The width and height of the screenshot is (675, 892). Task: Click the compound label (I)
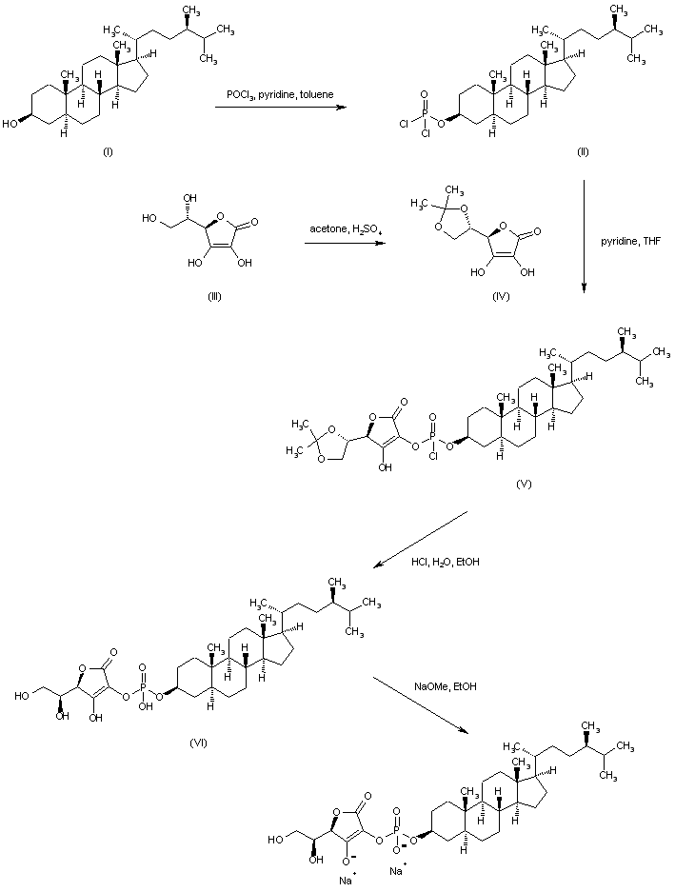(x=107, y=152)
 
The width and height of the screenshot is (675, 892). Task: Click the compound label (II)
(x=583, y=152)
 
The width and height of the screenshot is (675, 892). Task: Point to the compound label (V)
(x=525, y=485)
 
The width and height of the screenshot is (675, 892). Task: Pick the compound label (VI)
(x=198, y=742)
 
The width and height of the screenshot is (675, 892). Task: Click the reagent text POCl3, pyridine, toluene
(x=280, y=94)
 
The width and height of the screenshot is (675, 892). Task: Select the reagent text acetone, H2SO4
(x=338, y=228)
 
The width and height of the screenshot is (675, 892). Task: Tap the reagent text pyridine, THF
(x=631, y=241)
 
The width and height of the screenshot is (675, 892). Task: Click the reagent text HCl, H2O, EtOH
(x=445, y=562)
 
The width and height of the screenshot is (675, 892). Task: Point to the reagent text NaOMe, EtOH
(x=445, y=686)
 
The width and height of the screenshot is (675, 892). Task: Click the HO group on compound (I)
(x=10, y=125)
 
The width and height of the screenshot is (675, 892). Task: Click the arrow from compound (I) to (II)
(x=281, y=107)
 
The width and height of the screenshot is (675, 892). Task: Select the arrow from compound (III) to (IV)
(x=342, y=243)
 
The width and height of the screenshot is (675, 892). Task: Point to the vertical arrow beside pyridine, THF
(x=584, y=236)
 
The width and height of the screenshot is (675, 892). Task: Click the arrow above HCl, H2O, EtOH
(x=421, y=540)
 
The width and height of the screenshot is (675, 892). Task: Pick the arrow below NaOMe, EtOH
(x=422, y=704)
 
